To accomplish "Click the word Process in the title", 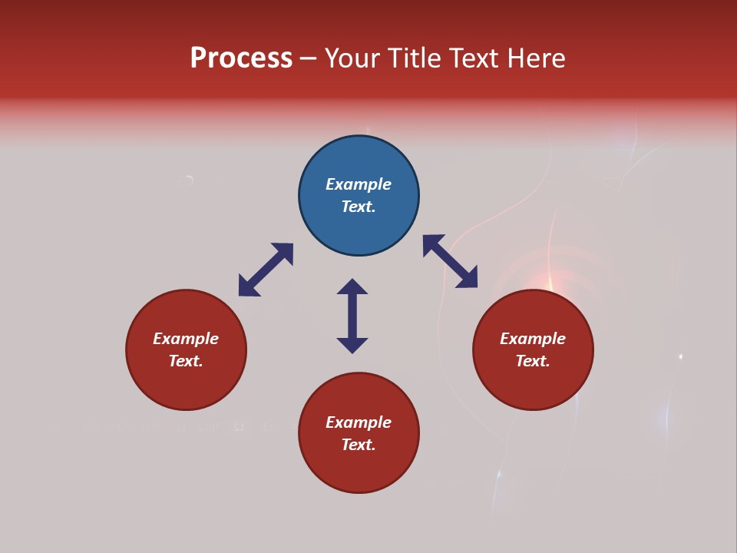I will pos(241,58).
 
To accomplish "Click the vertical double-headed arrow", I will pos(352,316).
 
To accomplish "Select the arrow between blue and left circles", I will pos(266,270).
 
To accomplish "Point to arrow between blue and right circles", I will pos(450,261).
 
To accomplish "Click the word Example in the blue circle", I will pos(359,184).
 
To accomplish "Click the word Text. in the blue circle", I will pos(359,207).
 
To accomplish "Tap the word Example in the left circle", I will pos(186,339).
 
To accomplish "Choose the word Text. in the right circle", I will pos(533,361).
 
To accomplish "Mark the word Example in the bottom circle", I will pos(359,422).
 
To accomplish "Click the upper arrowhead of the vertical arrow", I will pos(352,287).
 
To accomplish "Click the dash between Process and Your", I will pos(308,59).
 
